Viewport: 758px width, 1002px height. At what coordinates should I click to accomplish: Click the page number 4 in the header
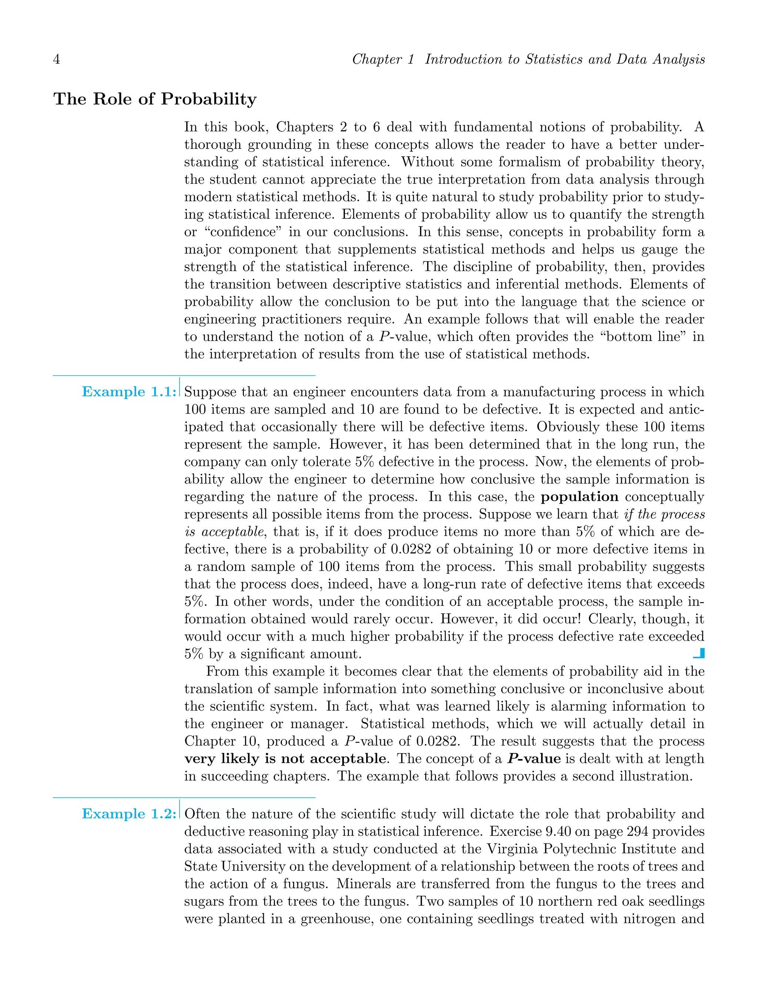(x=57, y=59)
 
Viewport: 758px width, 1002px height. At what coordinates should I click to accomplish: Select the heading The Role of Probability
(x=155, y=99)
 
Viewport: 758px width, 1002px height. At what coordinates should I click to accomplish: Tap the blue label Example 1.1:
(x=128, y=392)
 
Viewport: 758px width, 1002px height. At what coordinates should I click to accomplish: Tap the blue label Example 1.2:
(x=128, y=814)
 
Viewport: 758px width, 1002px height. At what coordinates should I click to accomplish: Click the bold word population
(x=580, y=497)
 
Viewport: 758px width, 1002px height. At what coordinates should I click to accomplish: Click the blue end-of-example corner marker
(x=700, y=653)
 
